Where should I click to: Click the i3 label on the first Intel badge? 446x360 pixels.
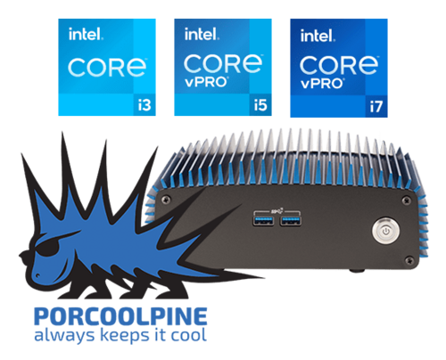coord(145,105)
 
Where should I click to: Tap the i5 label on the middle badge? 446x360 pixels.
coord(260,105)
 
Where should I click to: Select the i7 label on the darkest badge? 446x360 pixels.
coord(376,106)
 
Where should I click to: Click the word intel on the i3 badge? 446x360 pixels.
coord(86,34)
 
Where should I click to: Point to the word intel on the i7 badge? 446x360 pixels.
coord(318,36)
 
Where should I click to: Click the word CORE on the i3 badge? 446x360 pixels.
coord(107,68)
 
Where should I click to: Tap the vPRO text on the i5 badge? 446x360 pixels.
coord(206,82)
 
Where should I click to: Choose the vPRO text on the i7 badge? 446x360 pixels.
coord(322,84)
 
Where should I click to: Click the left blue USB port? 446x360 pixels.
coord(263,221)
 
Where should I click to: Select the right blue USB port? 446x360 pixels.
coord(291,221)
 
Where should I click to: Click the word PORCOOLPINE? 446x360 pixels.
coord(120,316)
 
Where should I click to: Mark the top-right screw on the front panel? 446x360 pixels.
coord(406,200)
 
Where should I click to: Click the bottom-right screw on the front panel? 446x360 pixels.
coord(409,260)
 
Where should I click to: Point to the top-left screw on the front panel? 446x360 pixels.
coord(164,200)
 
